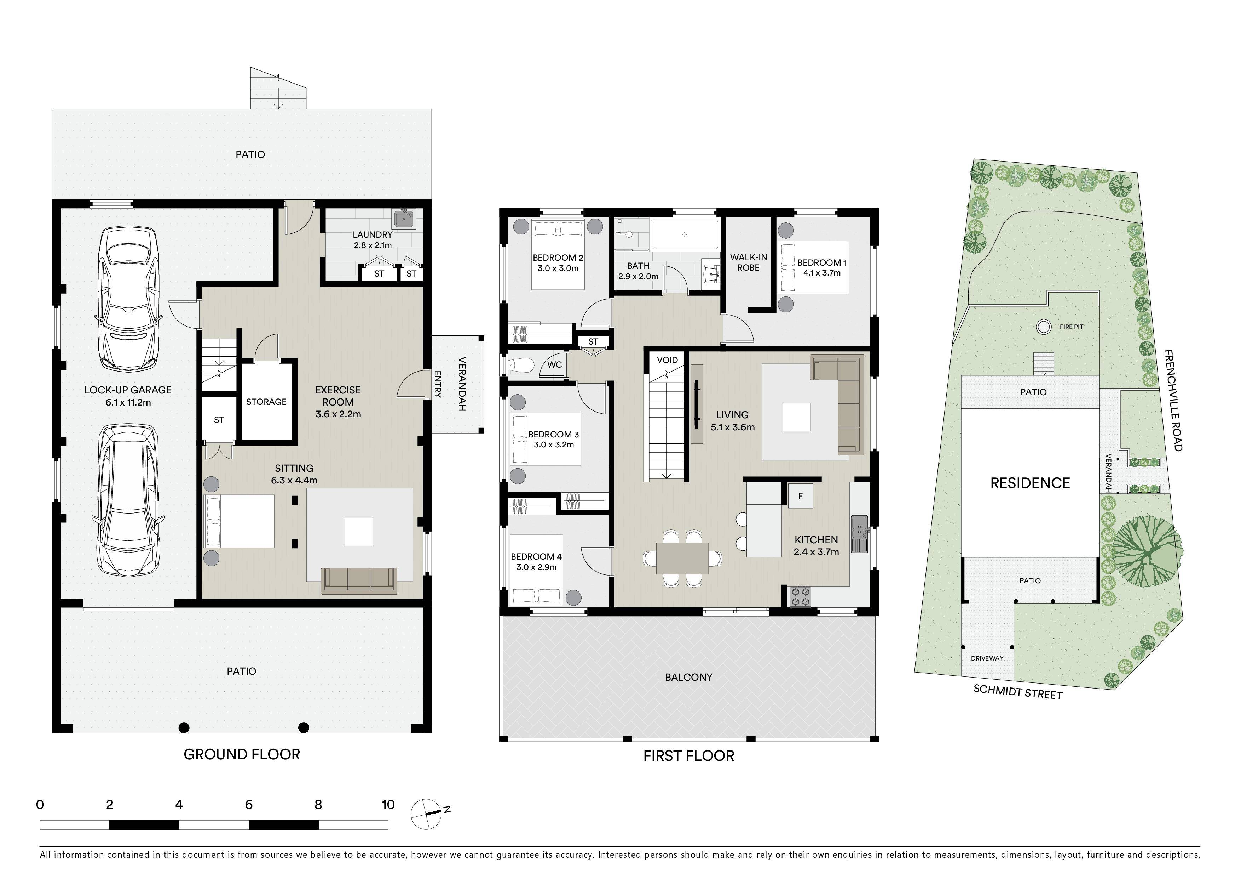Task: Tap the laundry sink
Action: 404,218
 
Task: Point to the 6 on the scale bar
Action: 249,804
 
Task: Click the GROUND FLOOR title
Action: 242,754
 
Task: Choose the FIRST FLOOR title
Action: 689,756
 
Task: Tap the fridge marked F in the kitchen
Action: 800,495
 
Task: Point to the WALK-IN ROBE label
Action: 749,262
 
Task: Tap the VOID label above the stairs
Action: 667,360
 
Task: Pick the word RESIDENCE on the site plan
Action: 1030,483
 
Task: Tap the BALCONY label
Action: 689,677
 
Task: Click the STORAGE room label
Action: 266,401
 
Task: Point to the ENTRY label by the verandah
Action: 438,384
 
